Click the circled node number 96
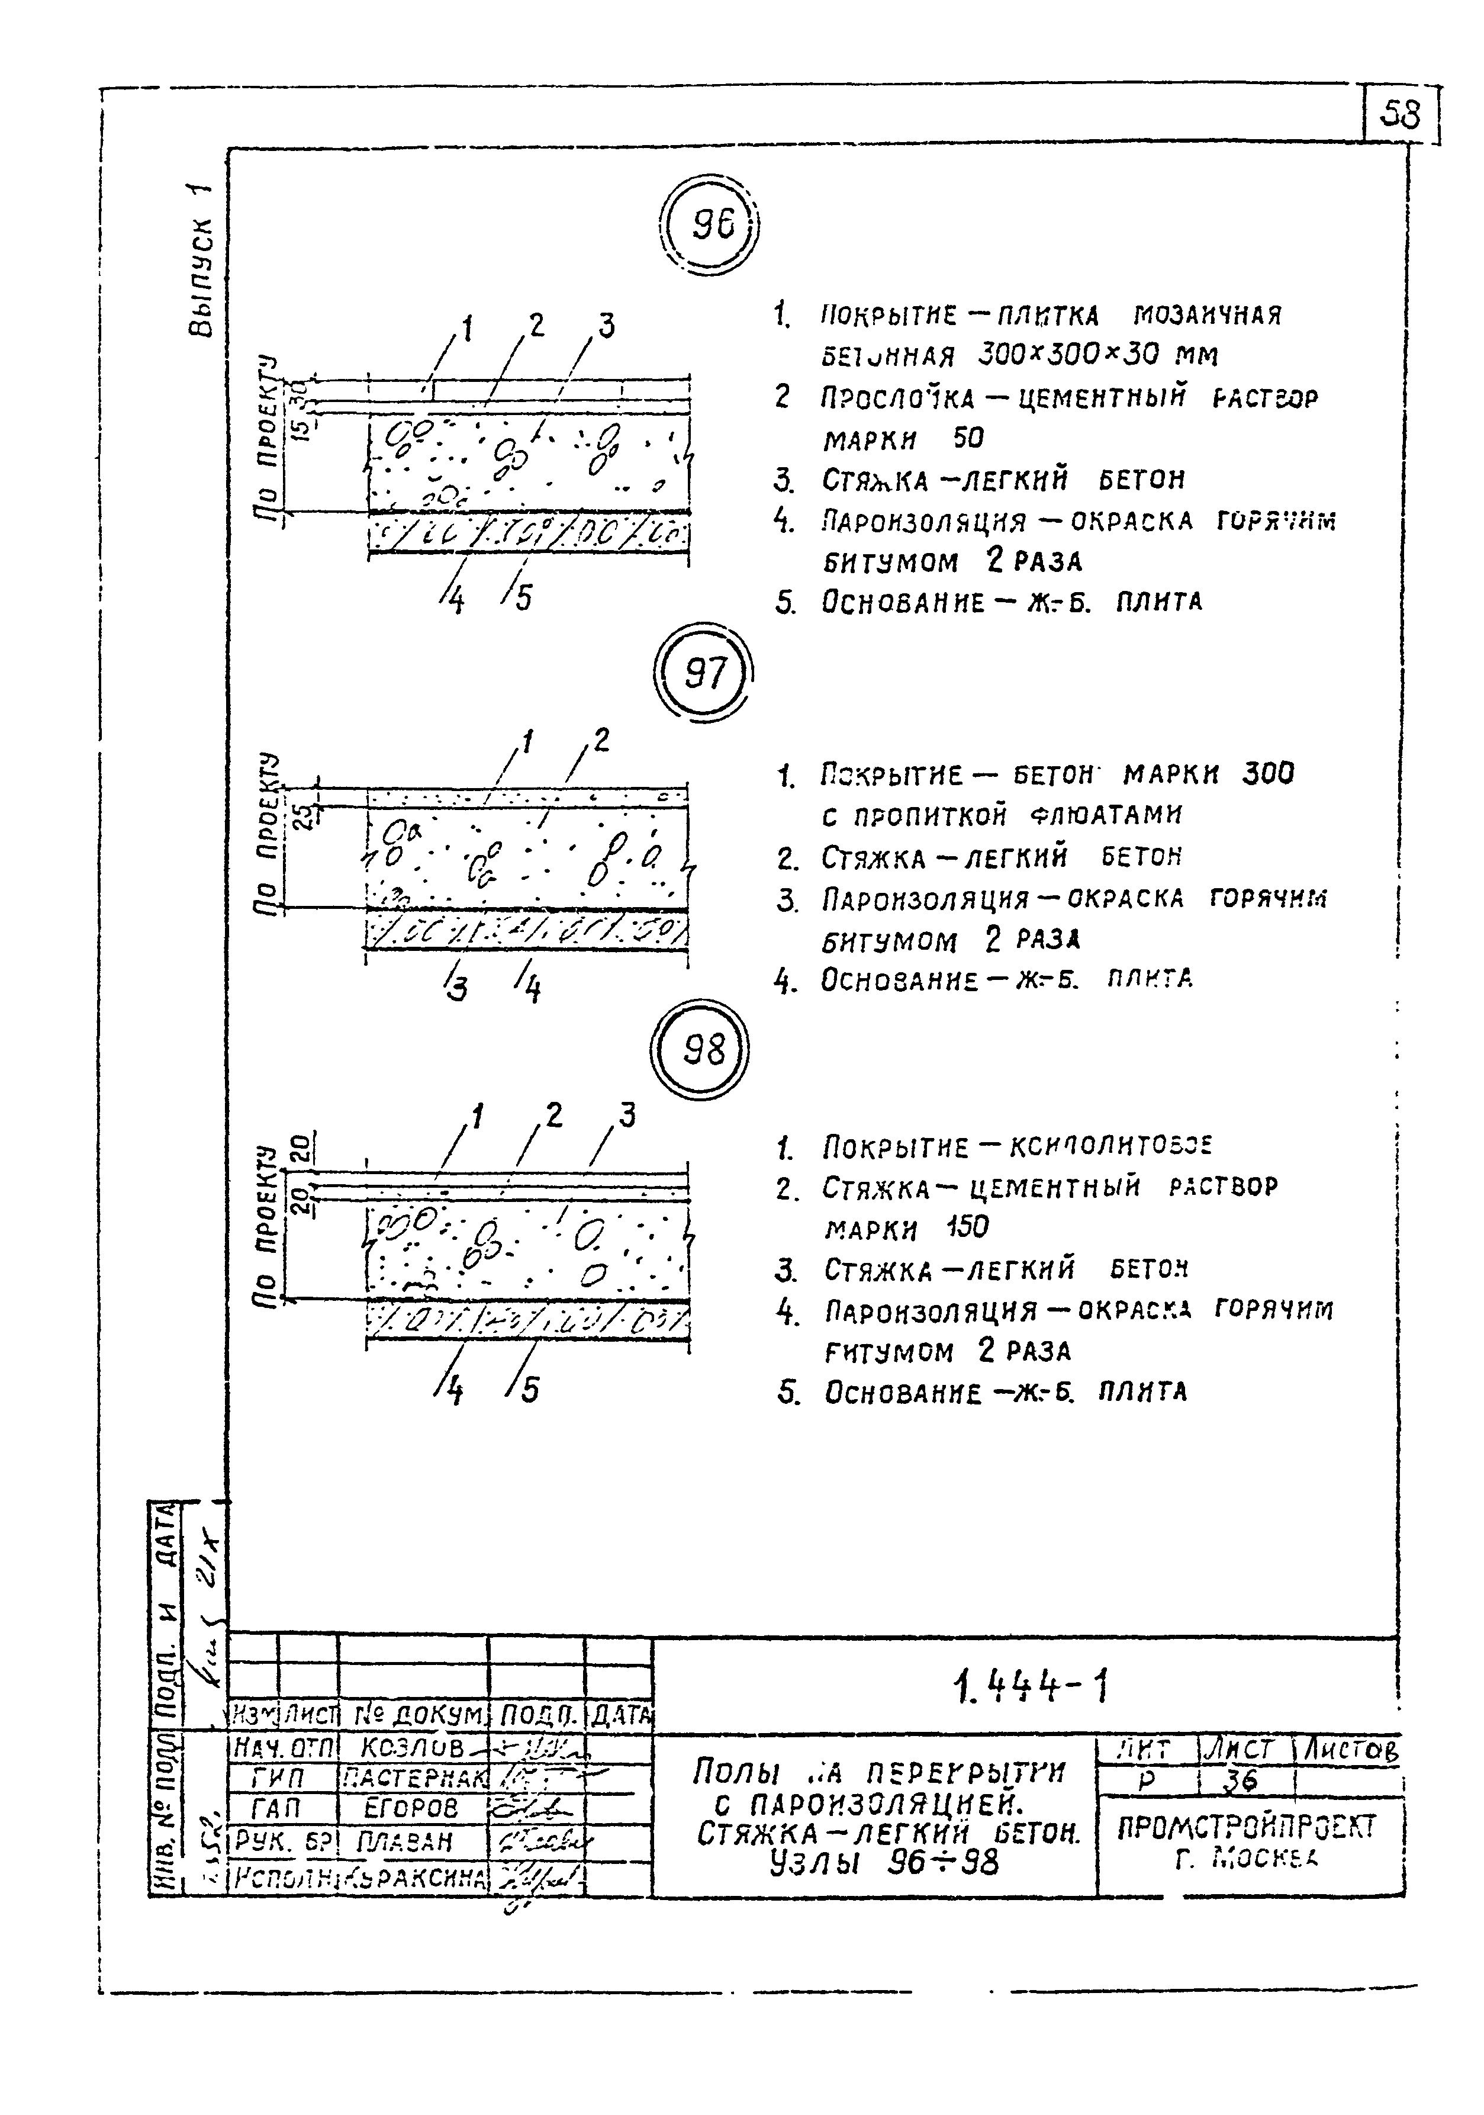(711, 226)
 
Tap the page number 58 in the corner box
(1400, 115)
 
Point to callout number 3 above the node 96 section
(605, 325)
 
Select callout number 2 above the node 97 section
(601, 740)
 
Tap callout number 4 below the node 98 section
(453, 1391)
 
